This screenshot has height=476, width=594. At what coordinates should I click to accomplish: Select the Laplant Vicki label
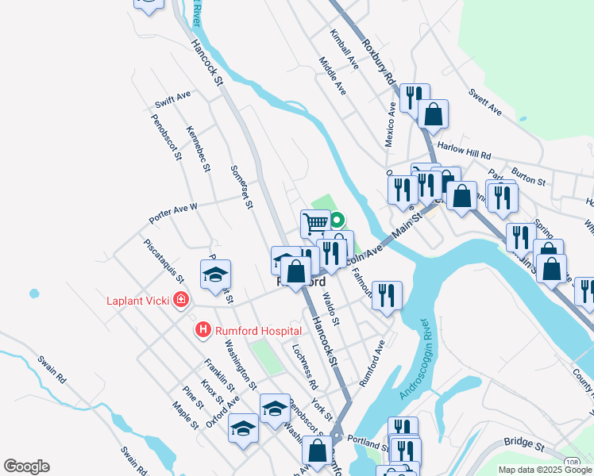tap(139, 301)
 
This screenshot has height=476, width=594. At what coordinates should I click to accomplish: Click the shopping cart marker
tap(315, 223)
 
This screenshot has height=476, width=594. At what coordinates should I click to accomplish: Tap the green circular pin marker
tap(336, 221)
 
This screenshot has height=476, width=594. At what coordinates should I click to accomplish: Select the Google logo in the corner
tap(26, 466)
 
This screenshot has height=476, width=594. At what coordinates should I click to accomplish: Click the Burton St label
tap(528, 175)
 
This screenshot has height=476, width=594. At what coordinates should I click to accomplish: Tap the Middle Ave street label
tap(332, 76)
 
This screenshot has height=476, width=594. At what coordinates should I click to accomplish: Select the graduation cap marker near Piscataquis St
tap(215, 274)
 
